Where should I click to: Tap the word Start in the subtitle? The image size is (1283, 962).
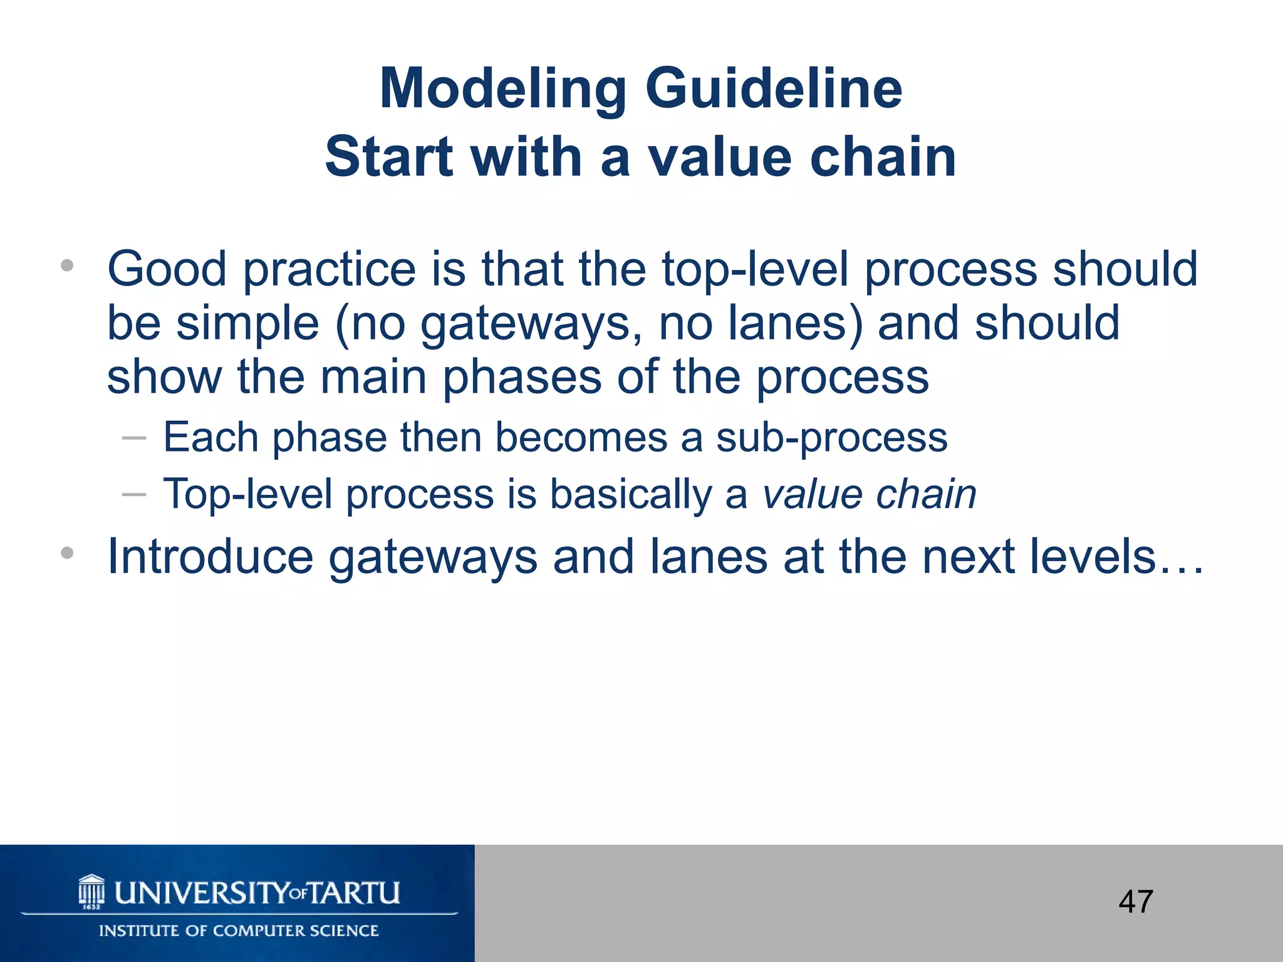389,157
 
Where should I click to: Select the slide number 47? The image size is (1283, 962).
1136,902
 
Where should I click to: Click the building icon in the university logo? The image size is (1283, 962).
91,891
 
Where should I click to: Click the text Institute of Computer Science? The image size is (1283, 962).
239,931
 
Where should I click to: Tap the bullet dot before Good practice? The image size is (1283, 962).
67,266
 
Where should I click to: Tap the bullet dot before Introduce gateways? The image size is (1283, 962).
67,553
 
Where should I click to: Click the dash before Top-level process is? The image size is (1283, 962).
134,495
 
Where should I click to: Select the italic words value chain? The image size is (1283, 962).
869,494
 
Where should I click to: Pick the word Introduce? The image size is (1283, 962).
210,556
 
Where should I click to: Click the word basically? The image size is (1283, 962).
630,494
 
